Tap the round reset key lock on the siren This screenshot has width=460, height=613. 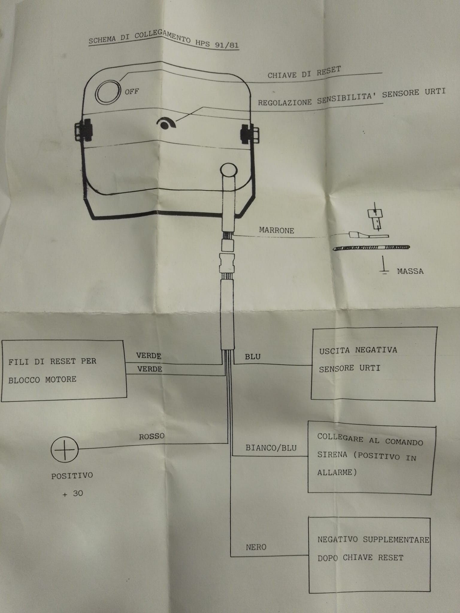108,92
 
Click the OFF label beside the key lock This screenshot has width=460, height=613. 132,91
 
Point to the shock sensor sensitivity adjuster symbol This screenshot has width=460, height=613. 167,123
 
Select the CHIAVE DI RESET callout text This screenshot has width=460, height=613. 304,72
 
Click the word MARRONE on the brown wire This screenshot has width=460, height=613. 276,230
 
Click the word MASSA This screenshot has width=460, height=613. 410,271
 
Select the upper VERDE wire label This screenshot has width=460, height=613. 149,356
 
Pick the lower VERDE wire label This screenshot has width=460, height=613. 150,369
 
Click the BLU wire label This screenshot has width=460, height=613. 253,356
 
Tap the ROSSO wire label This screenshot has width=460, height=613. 152,436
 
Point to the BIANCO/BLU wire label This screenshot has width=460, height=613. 271,448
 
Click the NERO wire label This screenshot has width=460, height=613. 256,547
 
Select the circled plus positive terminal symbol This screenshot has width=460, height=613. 64,450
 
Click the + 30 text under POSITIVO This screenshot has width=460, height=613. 73,493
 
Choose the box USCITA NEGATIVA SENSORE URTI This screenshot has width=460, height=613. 374,364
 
